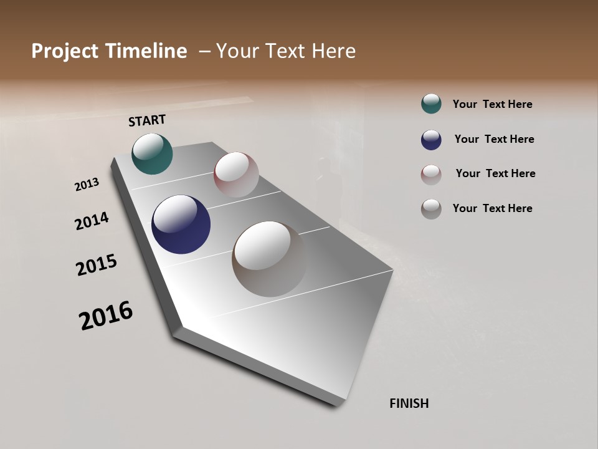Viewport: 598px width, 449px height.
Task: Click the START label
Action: tap(147, 120)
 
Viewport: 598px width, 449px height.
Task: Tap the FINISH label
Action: tap(409, 403)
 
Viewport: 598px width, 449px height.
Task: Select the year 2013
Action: tap(87, 185)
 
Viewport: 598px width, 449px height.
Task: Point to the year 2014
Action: tap(92, 221)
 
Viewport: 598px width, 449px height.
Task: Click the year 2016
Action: tap(106, 316)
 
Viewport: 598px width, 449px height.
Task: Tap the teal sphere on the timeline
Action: tap(152, 154)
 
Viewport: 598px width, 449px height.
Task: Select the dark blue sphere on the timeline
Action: tap(181, 224)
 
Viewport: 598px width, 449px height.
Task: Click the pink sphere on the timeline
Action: tap(236, 174)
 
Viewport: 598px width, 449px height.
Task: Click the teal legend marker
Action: tap(431, 104)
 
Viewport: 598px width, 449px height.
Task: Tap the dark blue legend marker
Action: tap(431, 140)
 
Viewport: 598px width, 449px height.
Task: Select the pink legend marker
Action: tap(431, 174)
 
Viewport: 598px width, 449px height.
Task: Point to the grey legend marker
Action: tap(431, 209)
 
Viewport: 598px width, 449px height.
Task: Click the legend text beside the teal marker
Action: tap(492, 105)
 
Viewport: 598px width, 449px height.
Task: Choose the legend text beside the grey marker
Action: tap(492, 208)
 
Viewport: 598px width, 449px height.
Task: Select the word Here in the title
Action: tap(333, 51)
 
